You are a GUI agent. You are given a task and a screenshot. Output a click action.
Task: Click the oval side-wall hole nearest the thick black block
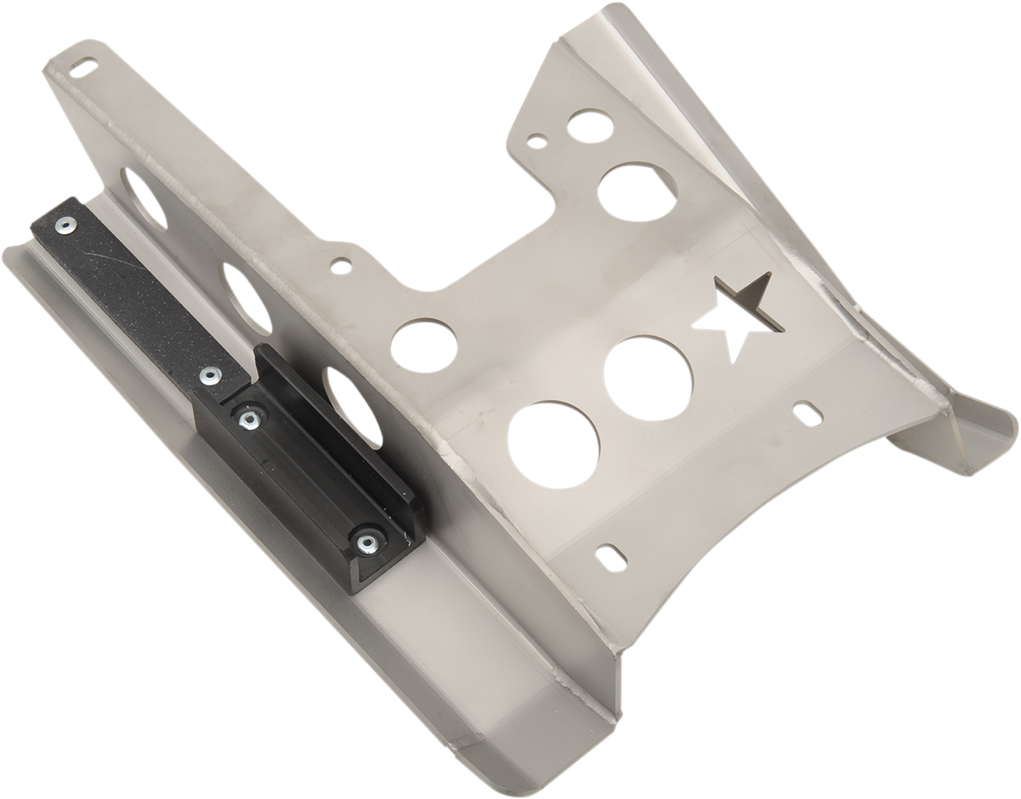click(x=354, y=399)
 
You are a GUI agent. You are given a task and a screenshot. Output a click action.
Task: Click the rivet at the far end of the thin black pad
click(x=65, y=225)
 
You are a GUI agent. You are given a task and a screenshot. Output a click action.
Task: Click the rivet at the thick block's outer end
click(x=368, y=542)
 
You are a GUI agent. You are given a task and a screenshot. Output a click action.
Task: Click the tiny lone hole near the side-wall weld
click(x=340, y=265)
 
